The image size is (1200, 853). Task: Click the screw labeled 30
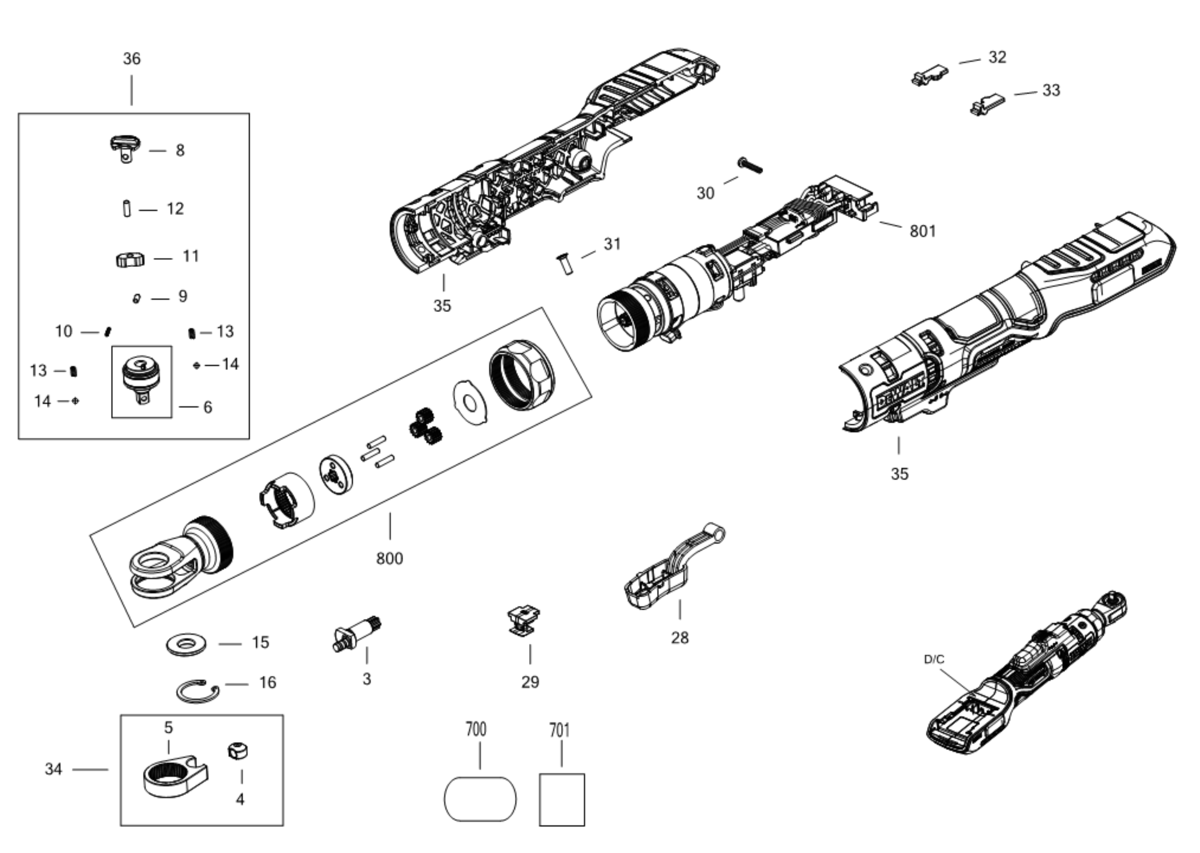click(750, 165)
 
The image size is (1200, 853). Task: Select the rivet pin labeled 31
click(564, 264)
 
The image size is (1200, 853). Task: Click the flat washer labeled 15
click(186, 643)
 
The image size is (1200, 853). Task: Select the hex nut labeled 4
click(238, 751)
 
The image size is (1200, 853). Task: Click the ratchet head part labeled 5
click(175, 775)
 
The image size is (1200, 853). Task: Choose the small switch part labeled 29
click(524, 620)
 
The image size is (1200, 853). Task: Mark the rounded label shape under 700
click(480, 799)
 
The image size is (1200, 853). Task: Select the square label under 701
click(561, 799)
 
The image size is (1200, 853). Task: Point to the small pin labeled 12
click(126, 207)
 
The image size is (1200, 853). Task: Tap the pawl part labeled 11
click(130, 258)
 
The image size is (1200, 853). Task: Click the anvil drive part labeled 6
click(141, 380)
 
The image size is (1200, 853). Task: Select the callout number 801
click(923, 231)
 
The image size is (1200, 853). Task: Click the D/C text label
click(934, 659)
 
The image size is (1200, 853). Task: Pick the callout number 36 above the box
click(132, 58)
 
